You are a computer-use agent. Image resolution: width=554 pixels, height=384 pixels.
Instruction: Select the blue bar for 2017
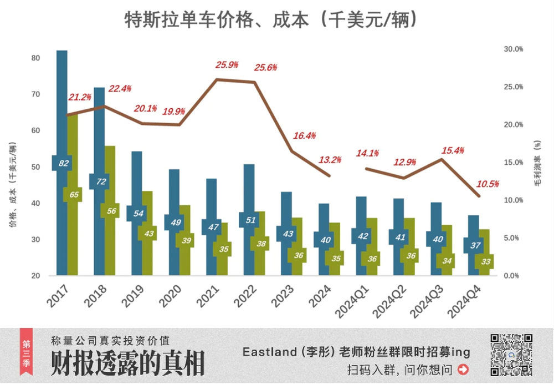click(x=62, y=111)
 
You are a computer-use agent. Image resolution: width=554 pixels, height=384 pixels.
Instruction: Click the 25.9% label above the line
click(x=227, y=65)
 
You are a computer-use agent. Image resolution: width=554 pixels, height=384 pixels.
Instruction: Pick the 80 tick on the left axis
click(x=36, y=58)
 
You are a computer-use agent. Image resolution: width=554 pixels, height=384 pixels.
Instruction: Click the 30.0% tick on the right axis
click(x=512, y=49)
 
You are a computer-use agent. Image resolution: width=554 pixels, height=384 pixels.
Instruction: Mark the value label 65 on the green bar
click(x=74, y=194)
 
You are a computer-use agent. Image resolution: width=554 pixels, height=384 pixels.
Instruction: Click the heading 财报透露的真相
click(x=127, y=363)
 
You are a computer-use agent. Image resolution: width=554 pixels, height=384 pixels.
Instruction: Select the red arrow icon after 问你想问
click(x=463, y=369)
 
